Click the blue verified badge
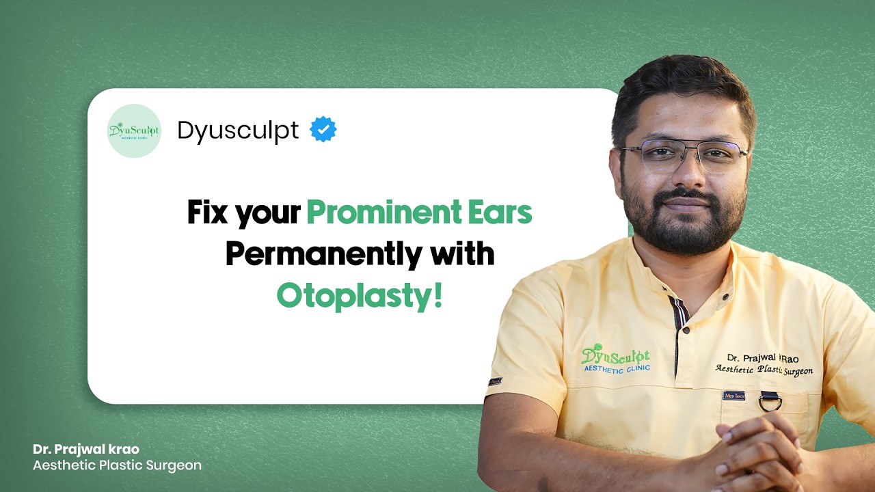pos(323,129)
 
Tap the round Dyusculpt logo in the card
pos(134,131)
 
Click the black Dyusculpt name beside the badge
pos(238,130)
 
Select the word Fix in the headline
pos(207,213)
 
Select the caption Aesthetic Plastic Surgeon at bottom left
pos(117,465)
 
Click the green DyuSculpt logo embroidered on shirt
pos(615,358)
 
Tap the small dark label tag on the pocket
pos(733,395)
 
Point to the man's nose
pos(687,174)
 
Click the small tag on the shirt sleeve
pos(495,381)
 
